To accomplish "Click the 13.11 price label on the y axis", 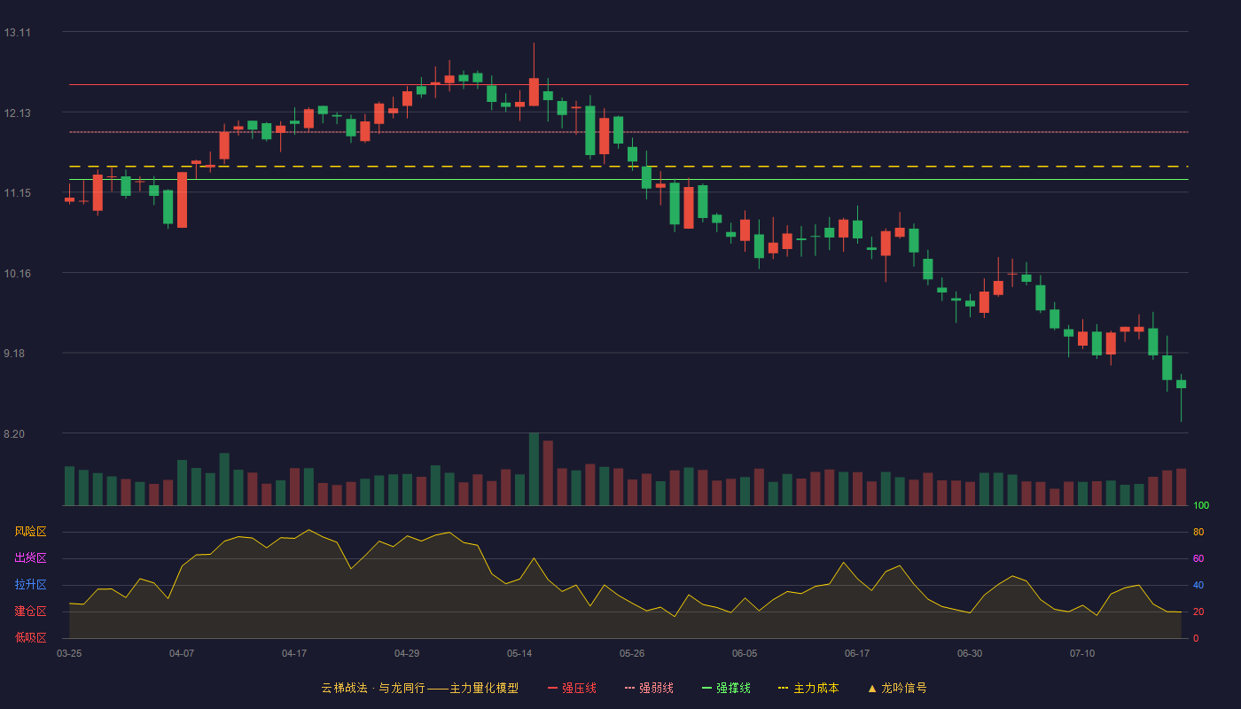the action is tap(17, 33).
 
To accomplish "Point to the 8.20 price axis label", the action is tap(14, 434).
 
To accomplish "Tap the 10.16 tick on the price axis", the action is tap(17, 274).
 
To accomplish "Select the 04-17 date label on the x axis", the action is tap(294, 654).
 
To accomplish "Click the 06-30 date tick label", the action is tap(970, 654).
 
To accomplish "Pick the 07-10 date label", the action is tap(1082, 654).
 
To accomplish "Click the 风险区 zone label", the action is tap(30, 532).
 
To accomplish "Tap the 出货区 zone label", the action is tap(30, 557).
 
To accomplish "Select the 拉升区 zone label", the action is tap(30, 584).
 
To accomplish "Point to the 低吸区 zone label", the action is tap(30, 637).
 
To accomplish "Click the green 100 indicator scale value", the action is tap(1201, 505).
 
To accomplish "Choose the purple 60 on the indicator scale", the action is tap(1198, 558).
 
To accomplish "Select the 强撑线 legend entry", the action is tap(726, 688).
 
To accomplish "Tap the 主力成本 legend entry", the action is tap(808, 688).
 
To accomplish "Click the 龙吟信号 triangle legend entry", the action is tap(897, 688).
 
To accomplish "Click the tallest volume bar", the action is tap(534, 469).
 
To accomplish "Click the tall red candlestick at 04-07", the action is tap(182, 200).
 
